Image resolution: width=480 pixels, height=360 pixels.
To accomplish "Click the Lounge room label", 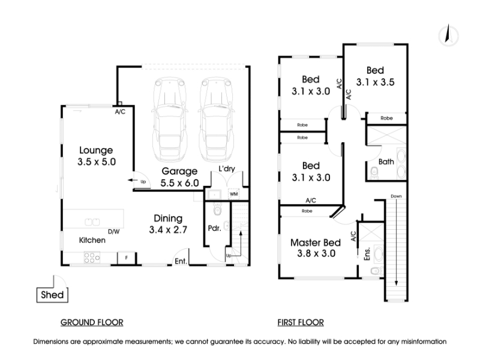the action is pyautogui.click(x=96, y=150).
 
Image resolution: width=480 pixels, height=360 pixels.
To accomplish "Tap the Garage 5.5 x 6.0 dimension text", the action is pyautogui.click(x=179, y=183).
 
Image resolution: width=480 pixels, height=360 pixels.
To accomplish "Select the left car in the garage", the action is pyautogui.click(x=170, y=119).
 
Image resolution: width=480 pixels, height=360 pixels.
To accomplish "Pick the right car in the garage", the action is pyautogui.click(x=217, y=119).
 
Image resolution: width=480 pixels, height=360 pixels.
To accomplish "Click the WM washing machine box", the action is pyautogui.click(x=233, y=194).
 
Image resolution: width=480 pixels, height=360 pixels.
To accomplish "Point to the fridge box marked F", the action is pyautogui.click(x=127, y=258).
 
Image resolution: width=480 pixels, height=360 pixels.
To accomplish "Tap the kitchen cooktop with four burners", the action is pyautogui.click(x=92, y=257).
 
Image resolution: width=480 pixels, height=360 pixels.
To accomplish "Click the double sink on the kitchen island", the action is pyautogui.click(x=92, y=221).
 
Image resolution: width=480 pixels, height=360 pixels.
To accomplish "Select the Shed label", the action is pyautogui.click(x=52, y=295).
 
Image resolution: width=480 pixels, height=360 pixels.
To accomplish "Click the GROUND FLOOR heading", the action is pyautogui.click(x=92, y=322).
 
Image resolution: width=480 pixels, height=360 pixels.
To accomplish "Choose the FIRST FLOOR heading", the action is pyautogui.click(x=301, y=322).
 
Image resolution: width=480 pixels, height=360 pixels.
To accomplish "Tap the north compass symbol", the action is pyautogui.click(x=448, y=35).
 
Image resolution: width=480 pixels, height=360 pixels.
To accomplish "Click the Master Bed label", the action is pyautogui.click(x=316, y=243).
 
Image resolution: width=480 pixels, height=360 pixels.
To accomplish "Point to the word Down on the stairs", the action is pyautogui.click(x=396, y=196).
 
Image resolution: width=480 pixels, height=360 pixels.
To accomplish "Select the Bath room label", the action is pyautogui.click(x=386, y=161).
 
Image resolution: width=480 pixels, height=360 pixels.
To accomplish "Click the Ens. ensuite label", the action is pyautogui.click(x=367, y=253).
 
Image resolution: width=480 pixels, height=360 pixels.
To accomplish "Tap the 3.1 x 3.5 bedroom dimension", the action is pyautogui.click(x=376, y=82).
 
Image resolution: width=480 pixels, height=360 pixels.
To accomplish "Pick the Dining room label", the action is pyautogui.click(x=168, y=218).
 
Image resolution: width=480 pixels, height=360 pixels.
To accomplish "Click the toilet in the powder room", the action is pyautogui.click(x=217, y=209).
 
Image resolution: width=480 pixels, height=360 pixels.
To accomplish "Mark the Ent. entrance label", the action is pyautogui.click(x=181, y=261).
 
